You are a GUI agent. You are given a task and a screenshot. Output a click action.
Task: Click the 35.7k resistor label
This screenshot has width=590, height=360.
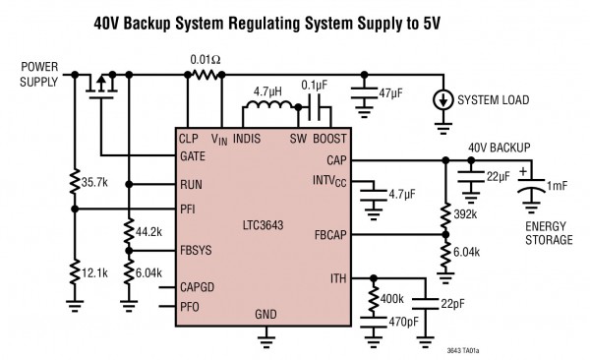pos(95,182)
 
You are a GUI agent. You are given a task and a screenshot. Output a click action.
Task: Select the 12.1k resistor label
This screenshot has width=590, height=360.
pos(95,270)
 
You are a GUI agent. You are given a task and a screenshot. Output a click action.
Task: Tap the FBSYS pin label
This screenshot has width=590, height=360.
pos(198,251)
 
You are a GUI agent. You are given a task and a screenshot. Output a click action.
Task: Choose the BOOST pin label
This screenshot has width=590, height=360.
pos(329,139)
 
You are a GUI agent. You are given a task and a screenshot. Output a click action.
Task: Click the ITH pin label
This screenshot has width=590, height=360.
pos(335,278)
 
